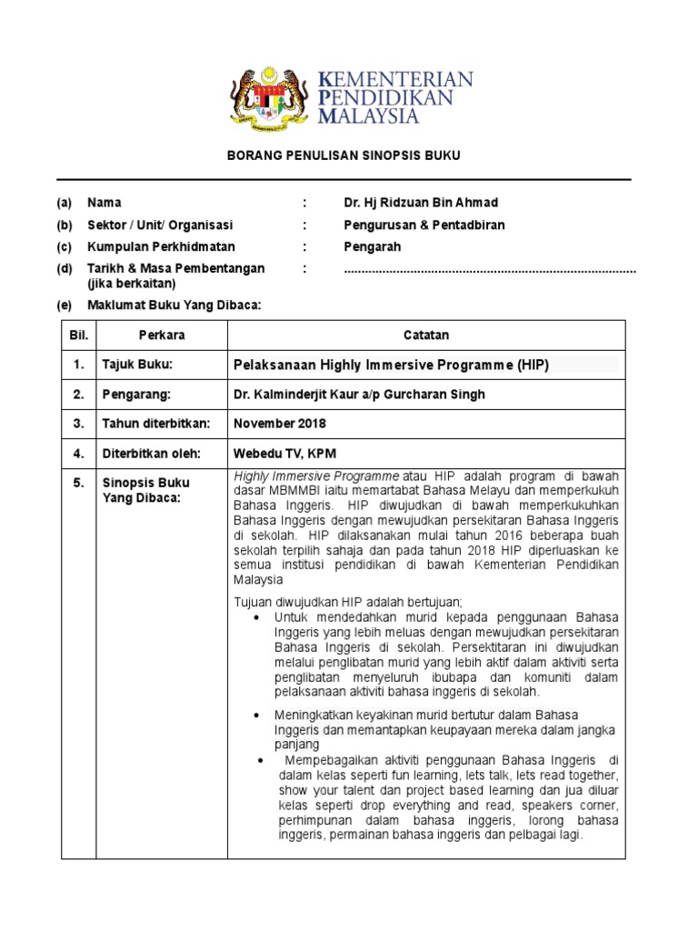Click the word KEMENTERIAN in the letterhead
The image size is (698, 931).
coord(396,80)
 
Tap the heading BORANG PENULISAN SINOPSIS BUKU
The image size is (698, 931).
coord(344,156)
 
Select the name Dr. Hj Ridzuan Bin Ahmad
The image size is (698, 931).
coord(421,203)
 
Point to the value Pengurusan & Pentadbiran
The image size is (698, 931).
coord(424,225)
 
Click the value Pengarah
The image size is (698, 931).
coord(372,246)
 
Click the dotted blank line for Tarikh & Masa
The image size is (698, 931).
coord(490,270)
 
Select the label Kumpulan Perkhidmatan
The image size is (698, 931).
coord(161,246)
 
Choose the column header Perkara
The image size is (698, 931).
coord(162,335)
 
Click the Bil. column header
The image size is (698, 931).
coord(78,335)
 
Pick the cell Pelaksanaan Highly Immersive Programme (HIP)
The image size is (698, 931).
coord(392,365)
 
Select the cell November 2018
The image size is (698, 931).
coord(280,424)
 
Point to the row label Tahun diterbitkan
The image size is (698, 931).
coord(156,424)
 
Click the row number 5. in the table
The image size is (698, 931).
coord(78,483)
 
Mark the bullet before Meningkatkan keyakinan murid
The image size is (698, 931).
coord(260,715)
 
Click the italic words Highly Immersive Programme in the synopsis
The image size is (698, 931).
coord(316,476)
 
